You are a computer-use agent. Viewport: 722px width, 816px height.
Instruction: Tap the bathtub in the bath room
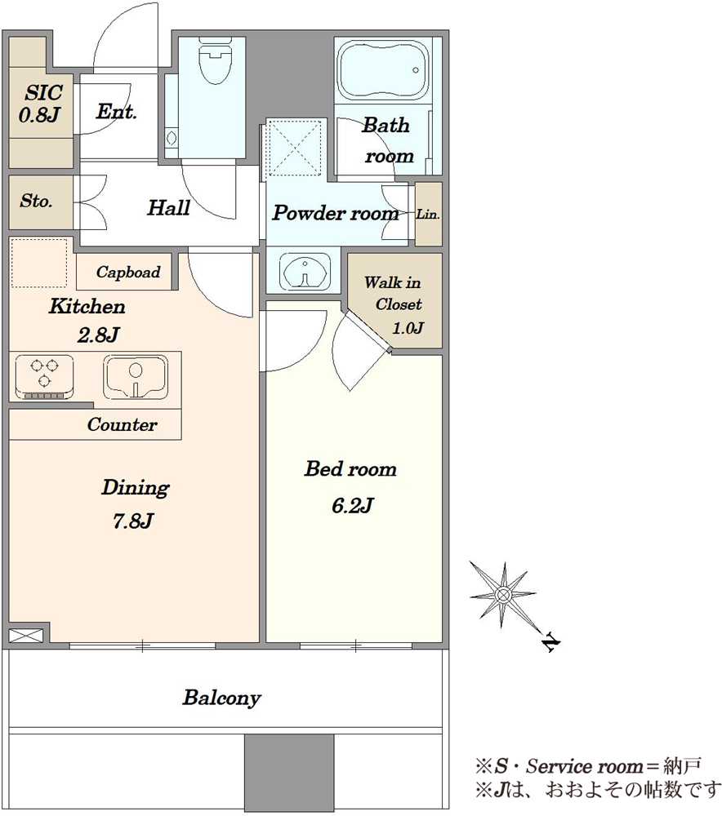tap(383, 71)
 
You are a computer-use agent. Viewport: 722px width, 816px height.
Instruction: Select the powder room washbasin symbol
tap(304, 271)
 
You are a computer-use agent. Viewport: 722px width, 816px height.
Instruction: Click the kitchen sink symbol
tap(136, 376)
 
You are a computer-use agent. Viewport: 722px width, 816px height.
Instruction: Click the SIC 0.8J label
tap(41, 104)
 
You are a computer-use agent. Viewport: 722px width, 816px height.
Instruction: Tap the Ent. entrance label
tap(117, 111)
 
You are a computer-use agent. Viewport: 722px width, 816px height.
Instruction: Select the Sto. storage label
tap(37, 201)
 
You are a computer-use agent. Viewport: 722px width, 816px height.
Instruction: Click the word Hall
tap(168, 207)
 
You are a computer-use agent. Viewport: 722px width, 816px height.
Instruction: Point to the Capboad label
tap(128, 272)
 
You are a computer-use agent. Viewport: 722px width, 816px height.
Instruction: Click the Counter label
tap(122, 424)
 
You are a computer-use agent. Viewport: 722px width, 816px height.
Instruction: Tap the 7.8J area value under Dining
tap(133, 521)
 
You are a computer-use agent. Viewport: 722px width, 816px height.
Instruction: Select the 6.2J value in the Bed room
tap(353, 505)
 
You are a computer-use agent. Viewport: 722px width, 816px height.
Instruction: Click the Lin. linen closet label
tap(428, 214)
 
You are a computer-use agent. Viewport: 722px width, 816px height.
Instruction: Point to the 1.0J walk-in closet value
tap(408, 328)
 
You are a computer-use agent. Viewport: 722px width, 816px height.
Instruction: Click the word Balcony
tap(221, 698)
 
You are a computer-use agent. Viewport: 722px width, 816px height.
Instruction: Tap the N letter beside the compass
tap(551, 643)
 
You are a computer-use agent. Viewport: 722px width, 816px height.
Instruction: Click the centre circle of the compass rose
tap(503, 594)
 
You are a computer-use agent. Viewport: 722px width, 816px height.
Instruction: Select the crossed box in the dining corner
tap(26, 636)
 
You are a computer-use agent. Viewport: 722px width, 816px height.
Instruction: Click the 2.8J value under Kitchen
tap(99, 335)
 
